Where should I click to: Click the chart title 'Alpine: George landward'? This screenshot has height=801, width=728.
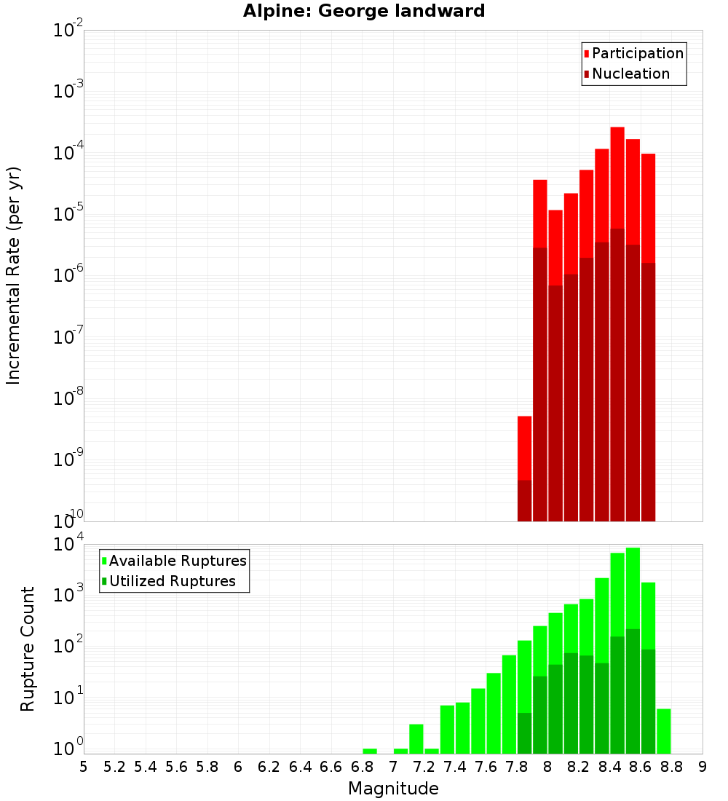click(x=364, y=11)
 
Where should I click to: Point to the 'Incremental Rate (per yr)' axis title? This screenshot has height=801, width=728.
click(x=14, y=275)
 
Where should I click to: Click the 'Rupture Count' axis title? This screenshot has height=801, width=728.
click(x=28, y=649)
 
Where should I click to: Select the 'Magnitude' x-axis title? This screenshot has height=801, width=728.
click(x=393, y=789)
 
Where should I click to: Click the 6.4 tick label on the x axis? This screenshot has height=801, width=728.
click(x=300, y=767)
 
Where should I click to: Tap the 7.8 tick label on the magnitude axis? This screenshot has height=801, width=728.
click(x=517, y=767)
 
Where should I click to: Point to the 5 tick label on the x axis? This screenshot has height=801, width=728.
click(x=84, y=767)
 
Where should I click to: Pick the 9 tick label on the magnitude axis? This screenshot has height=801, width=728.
click(x=703, y=767)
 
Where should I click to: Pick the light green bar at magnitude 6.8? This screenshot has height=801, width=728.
click(x=370, y=751)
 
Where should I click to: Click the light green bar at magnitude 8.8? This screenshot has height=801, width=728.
click(x=664, y=731)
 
